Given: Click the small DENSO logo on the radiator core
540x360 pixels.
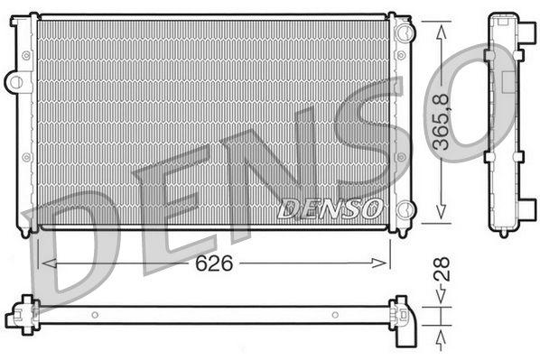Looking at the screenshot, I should [328, 208].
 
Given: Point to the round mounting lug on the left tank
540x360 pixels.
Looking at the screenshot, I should [15, 82].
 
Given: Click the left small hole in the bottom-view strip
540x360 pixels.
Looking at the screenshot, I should [94, 315].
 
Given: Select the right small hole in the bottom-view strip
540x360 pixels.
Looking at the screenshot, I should [334, 315].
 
